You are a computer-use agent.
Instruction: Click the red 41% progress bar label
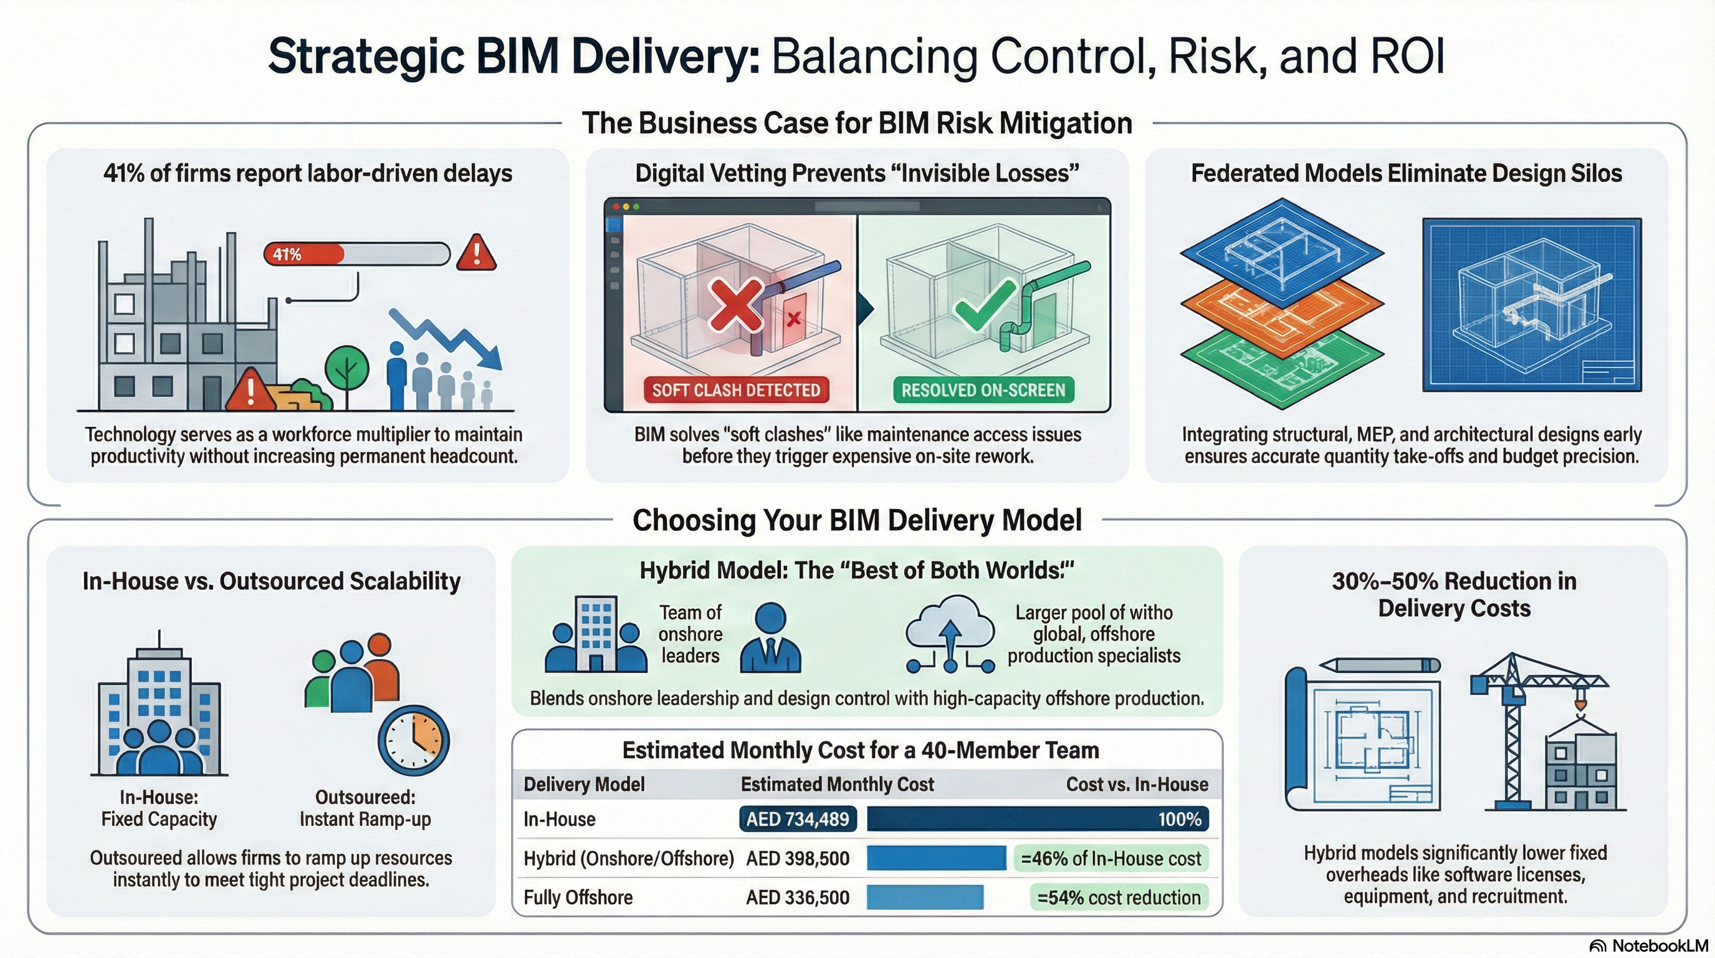[x=287, y=254]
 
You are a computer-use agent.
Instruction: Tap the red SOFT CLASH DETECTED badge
[x=735, y=390]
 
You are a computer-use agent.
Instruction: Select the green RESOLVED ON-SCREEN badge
[x=983, y=390]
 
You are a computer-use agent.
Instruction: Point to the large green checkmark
[x=985, y=305]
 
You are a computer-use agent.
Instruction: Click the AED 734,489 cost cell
[x=798, y=819]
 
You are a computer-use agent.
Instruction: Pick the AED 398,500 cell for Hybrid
[x=798, y=858]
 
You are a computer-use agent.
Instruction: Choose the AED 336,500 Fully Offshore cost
[x=798, y=898]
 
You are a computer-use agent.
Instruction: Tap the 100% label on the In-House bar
[x=1180, y=819]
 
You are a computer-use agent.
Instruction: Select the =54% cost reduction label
[x=1119, y=898]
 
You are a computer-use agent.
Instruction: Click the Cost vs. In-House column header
[x=1137, y=784]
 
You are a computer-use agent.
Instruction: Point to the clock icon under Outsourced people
[x=413, y=740]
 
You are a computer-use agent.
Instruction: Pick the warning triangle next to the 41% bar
[x=476, y=253]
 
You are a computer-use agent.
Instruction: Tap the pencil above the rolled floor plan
[x=1380, y=665]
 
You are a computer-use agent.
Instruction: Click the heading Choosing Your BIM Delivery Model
[x=857, y=520]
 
